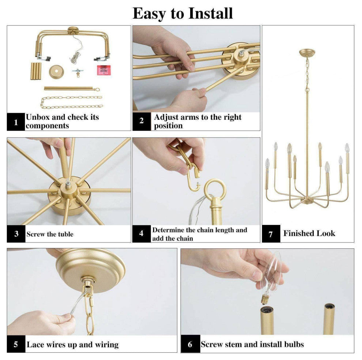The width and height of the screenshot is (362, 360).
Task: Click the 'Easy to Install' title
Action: point(182,14)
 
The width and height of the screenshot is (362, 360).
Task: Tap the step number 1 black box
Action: point(16,122)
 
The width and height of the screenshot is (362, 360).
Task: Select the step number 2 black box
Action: point(142,121)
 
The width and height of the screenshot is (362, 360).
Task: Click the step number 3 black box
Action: point(16,234)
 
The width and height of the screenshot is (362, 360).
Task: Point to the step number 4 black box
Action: point(142,233)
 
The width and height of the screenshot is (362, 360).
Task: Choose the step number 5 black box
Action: point(16,344)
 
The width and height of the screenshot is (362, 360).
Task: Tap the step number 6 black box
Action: point(190,344)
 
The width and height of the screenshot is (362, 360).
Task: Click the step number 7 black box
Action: point(271,234)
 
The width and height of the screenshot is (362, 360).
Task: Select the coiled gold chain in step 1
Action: point(71,102)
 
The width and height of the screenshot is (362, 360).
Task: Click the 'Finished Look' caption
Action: point(309,233)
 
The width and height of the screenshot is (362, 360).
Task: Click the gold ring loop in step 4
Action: point(215,189)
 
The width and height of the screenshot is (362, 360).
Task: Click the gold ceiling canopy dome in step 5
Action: point(90,265)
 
